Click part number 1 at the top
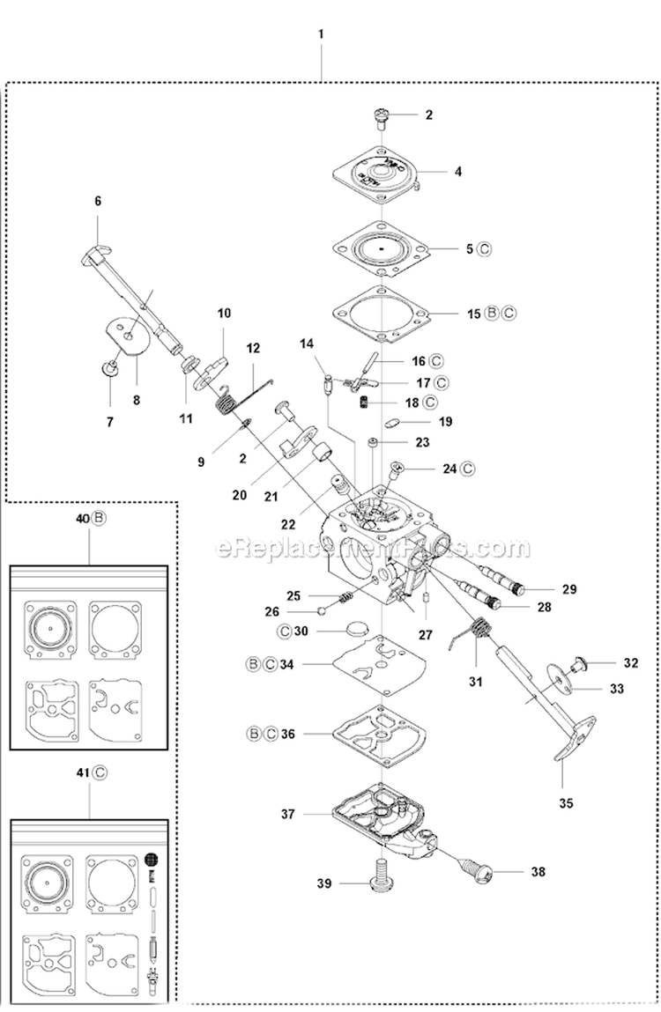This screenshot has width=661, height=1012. (321, 34)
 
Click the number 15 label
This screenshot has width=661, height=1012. (474, 313)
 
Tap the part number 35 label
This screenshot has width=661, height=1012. (566, 802)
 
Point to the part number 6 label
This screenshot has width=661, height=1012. (98, 201)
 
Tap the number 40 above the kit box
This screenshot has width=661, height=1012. (82, 520)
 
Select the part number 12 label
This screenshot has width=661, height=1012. (254, 347)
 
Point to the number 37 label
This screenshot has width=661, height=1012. (288, 815)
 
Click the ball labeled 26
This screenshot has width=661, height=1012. (323, 610)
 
